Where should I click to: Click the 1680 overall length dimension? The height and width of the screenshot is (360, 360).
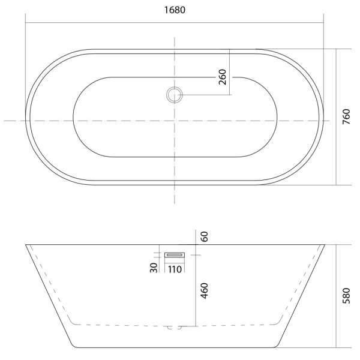pos(175,10)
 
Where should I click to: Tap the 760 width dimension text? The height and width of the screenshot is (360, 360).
pos(346,117)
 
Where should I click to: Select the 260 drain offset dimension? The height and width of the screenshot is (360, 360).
pos(223,77)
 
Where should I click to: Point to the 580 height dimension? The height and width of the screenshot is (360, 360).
pos(346,296)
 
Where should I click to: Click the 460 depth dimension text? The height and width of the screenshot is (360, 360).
pos(204,290)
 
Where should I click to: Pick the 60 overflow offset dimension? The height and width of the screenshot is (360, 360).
pos(204,236)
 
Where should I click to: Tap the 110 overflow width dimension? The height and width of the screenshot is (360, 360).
pos(175,269)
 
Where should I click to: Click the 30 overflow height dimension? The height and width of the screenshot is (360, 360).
pos(154,268)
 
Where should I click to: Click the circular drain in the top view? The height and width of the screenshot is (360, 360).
pos(175,95)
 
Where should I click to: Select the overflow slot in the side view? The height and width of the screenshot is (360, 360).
pos(175,255)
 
